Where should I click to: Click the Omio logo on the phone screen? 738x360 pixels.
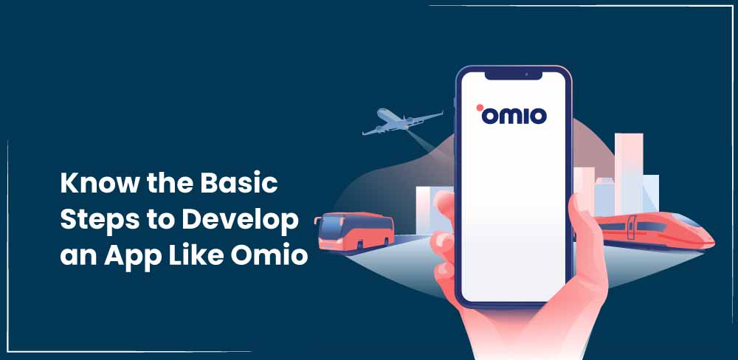511,114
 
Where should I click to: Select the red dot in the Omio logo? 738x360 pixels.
480,107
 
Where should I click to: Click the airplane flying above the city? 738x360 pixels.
402,122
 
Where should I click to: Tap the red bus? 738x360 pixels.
354,232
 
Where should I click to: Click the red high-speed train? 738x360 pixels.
654,231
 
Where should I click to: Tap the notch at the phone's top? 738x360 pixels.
514,75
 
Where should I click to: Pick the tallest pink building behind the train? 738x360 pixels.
629,173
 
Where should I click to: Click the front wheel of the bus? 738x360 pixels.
359,245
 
